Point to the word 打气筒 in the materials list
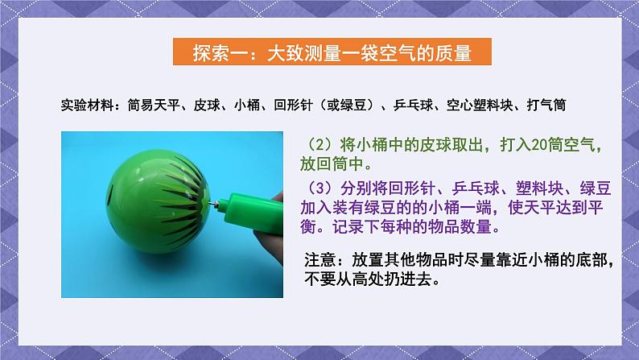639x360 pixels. (559, 105)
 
